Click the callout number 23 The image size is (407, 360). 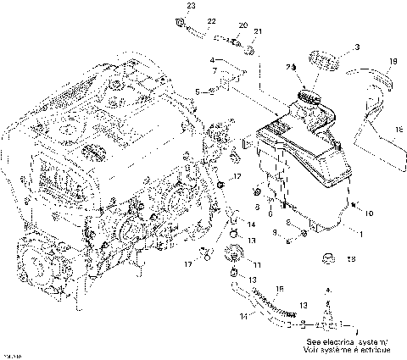[x=191, y=6]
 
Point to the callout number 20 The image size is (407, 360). [x=243, y=25]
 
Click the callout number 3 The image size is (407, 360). [x=357, y=47]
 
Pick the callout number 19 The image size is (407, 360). [x=393, y=61]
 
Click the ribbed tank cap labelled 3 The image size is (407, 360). [x=326, y=63]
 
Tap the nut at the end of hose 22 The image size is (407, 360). [x=180, y=21]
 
